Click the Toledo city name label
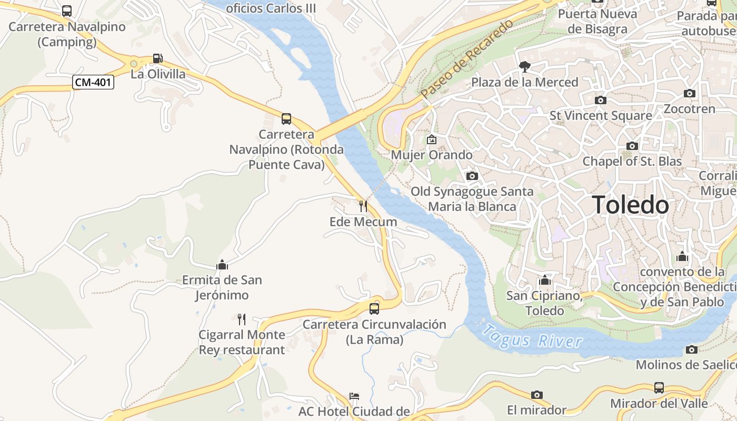tap(631, 205)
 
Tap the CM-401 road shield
tap(94, 82)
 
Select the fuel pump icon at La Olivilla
tap(157, 58)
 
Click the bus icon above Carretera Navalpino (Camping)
tap(67, 11)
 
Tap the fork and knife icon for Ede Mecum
tap(363, 206)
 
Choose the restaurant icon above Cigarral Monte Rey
tap(242, 319)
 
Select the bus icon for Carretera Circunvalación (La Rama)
tap(374, 308)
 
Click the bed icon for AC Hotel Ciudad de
tap(354, 396)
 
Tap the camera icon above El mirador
tap(537, 395)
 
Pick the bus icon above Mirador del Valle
tap(659, 388)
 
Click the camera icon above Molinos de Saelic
tap(692, 349)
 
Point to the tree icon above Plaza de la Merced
tap(524, 66)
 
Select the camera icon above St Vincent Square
tap(600, 100)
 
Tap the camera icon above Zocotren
tap(690, 94)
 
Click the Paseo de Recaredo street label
tap(467, 59)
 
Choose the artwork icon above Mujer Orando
tap(432, 139)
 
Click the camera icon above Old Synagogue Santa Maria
tap(472, 176)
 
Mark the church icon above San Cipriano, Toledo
tap(545, 280)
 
